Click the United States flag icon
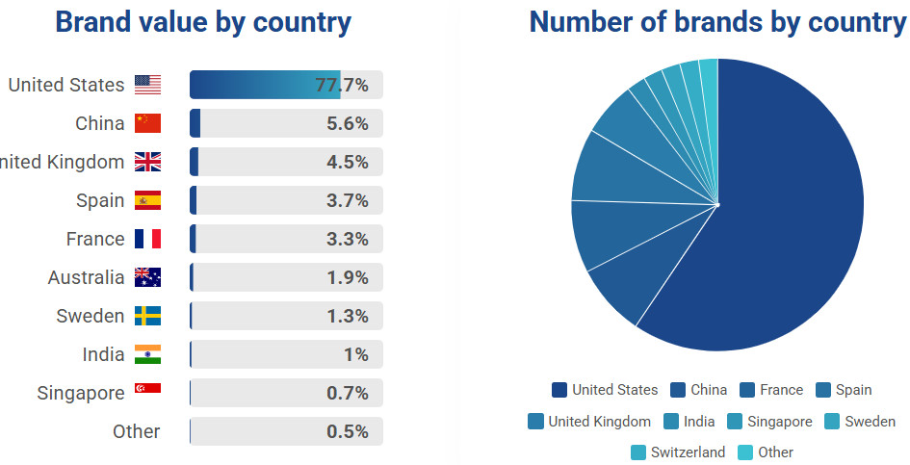coord(147,85)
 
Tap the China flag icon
coord(147,123)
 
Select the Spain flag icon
coord(147,200)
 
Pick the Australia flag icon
coord(147,277)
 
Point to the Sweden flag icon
coord(147,316)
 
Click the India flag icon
coord(147,354)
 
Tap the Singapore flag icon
coord(147,389)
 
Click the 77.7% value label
coord(342,85)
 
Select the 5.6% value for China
coord(347,123)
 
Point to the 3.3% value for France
coord(347,239)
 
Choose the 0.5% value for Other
coord(347,431)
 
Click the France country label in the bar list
coord(95,239)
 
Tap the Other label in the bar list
coord(137,431)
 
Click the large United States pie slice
coord(790,212)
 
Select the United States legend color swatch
coord(559,390)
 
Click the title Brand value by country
coord(203,22)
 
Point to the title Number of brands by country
coord(717,22)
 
